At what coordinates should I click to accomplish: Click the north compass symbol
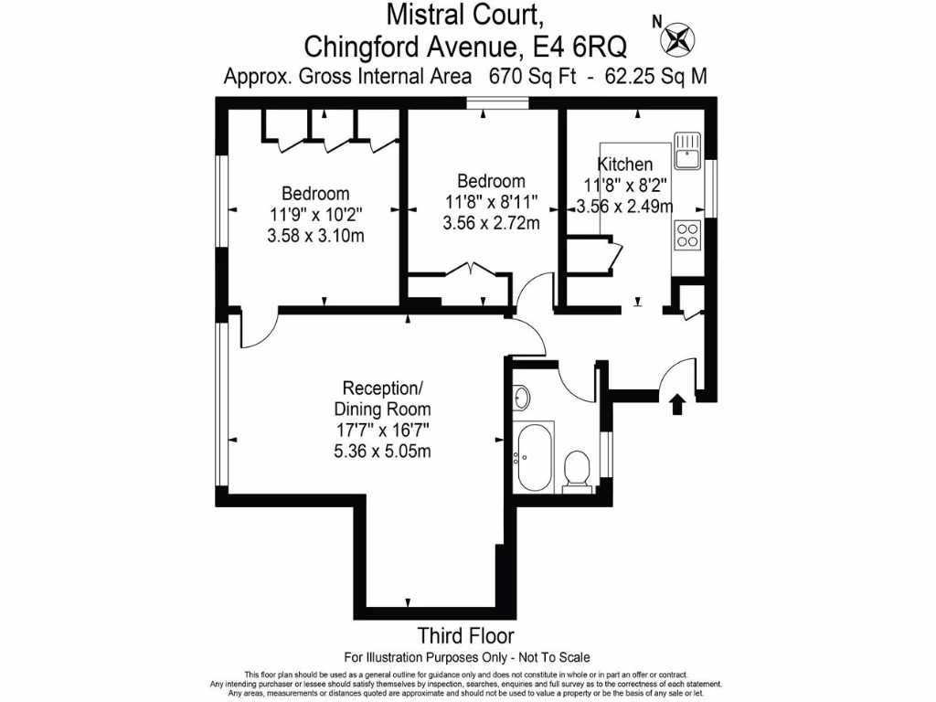(x=679, y=39)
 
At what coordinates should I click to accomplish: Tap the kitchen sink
(x=686, y=152)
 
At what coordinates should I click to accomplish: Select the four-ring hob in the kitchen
(x=687, y=235)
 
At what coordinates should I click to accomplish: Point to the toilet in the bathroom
(x=577, y=469)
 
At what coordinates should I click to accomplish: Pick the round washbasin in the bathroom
(x=522, y=398)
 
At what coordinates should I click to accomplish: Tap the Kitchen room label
(x=625, y=165)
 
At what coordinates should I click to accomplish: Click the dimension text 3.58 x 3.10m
(x=315, y=236)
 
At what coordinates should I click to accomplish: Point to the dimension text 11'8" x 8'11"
(x=492, y=201)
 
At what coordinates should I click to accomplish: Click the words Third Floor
(x=465, y=635)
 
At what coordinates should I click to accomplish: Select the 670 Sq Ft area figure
(x=532, y=77)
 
